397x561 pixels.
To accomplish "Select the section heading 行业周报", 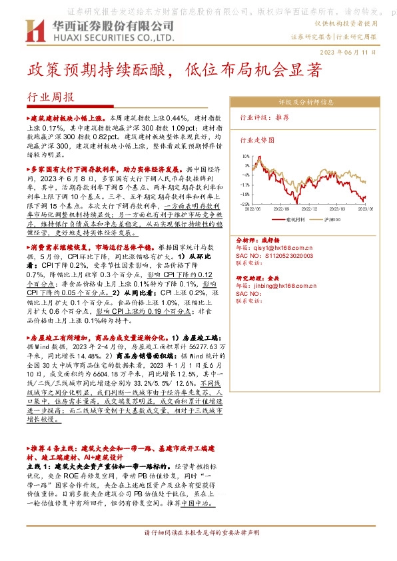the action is click(50, 97).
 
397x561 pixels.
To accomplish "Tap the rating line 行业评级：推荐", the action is click(264, 117).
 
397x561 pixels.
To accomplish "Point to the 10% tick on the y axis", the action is click(246, 155).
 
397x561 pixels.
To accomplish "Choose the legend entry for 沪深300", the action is click(331, 218).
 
